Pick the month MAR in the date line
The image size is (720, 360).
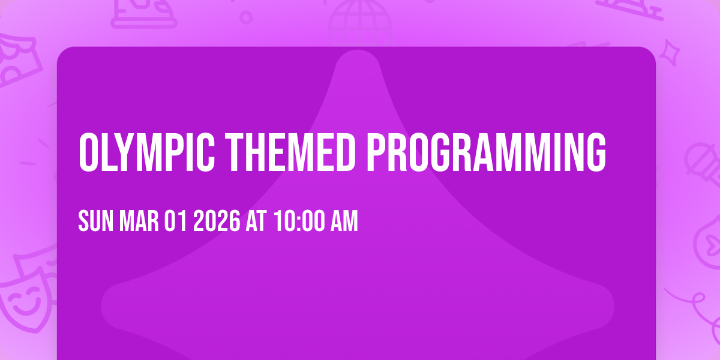pyautogui.click(x=139, y=222)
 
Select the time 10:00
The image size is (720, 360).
pyautogui.click(x=298, y=222)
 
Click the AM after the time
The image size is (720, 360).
pyautogui.click(x=344, y=222)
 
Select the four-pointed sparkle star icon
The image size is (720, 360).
pyautogui.click(x=674, y=52)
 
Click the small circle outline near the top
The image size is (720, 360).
pyautogui.click(x=246, y=17)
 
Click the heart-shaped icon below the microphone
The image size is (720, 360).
pyautogui.click(x=708, y=240)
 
